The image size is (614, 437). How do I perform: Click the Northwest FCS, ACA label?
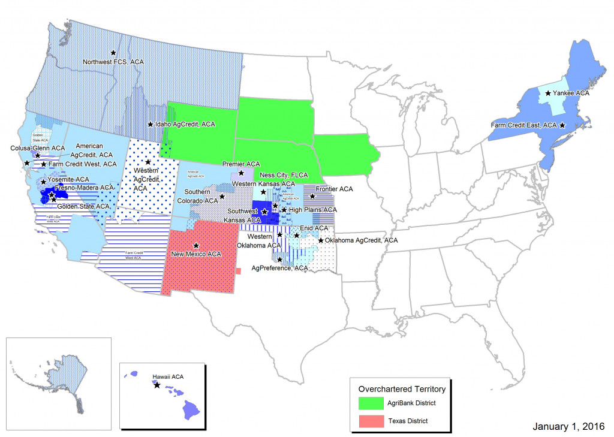click(113, 62)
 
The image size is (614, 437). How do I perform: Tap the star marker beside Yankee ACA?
click(548, 93)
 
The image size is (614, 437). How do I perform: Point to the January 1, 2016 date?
click(569, 426)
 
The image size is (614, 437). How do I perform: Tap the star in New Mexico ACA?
click(195, 245)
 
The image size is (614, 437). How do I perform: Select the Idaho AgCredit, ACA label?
click(186, 124)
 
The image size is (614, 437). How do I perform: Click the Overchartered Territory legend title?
click(402, 388)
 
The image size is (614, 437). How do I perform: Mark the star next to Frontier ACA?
click(312, 196)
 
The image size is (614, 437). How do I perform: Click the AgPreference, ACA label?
click(279, 268)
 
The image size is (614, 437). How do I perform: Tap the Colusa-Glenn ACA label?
click(37, 148)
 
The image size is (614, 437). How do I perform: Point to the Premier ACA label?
click(241, 164)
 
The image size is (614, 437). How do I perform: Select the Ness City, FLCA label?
click(284, 175)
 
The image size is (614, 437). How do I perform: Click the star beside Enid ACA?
click(297, 236)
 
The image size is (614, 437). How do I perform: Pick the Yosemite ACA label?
click(68, 179)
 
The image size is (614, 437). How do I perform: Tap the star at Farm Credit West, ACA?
click(43, 164)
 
